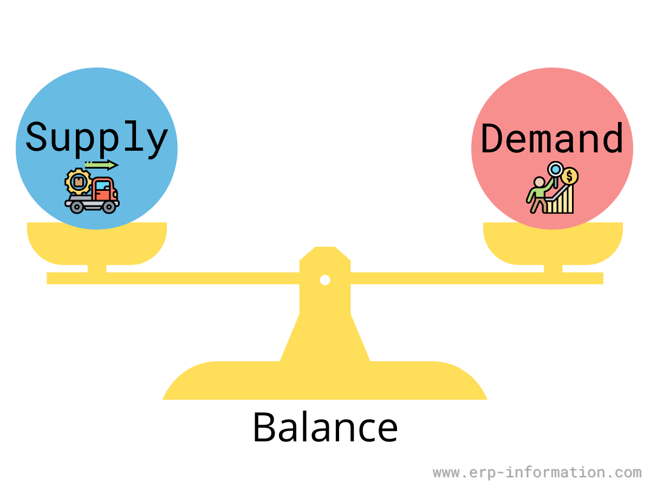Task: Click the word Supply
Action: pyautogui.click(x=97, y=139)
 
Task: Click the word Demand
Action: pyautogui.click(x=552, y=138)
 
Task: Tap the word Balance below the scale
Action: pyautogui.click(x=325, y=428)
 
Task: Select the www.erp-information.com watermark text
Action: pyautogui.click(x=537, y=472)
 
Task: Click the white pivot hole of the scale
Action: pyautogui.click(x=325, y=280)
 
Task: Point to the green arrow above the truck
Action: pyautogui.click(x=102, y=165)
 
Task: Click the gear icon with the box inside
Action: pyautogui.click(x=79, y=181)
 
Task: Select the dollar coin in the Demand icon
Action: pyautogui.click(x=569, y=176)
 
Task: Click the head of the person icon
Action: pyautogui.click(x=539, y=182)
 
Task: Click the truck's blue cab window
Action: pyautogui.click(x=103, y=186)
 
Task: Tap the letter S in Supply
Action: pyautogui.click(x=36, y=137)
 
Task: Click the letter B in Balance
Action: pyautogui.click(x=264, y=427)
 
